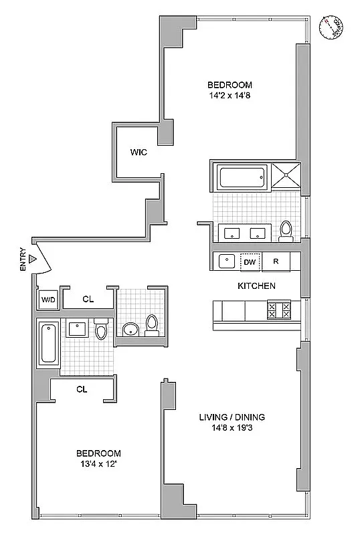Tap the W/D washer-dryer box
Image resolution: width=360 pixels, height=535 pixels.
click(x=48, y=300)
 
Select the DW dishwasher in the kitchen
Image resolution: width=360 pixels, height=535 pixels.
click(x=250, y=262)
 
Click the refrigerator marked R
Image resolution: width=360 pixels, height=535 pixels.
click(x=276, y=262)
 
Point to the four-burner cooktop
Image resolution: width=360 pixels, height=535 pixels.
click(x=278, y=310)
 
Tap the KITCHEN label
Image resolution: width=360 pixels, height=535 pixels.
click(x=257, y=286)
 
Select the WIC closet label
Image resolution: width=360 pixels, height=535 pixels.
click(x=139, y=152)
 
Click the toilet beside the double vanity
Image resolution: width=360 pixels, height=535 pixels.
click(x=286, y=230)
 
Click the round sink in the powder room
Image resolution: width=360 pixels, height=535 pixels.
click(x=129, y=329)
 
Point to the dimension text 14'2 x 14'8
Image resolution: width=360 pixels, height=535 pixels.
click(x=230, y=96)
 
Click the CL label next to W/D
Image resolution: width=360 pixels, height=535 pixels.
click(x=88, y=300)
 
